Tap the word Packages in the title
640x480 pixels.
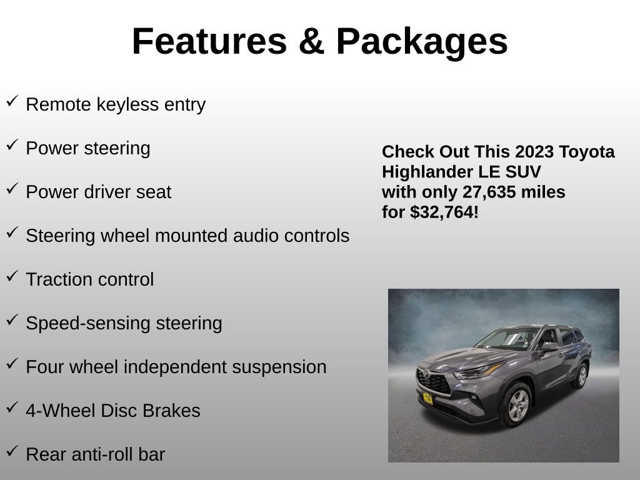click(422, 41)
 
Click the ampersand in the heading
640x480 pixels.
click(311, 41)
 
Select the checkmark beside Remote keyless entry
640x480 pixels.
click(12, 101)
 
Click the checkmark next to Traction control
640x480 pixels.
click(12, 276)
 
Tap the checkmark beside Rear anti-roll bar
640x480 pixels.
click(12, 451)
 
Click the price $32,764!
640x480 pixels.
click(444, 212)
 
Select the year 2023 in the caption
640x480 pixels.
click(534, 152)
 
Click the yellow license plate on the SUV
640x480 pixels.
click(427, 397)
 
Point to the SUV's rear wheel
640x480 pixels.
click(581, 375)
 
